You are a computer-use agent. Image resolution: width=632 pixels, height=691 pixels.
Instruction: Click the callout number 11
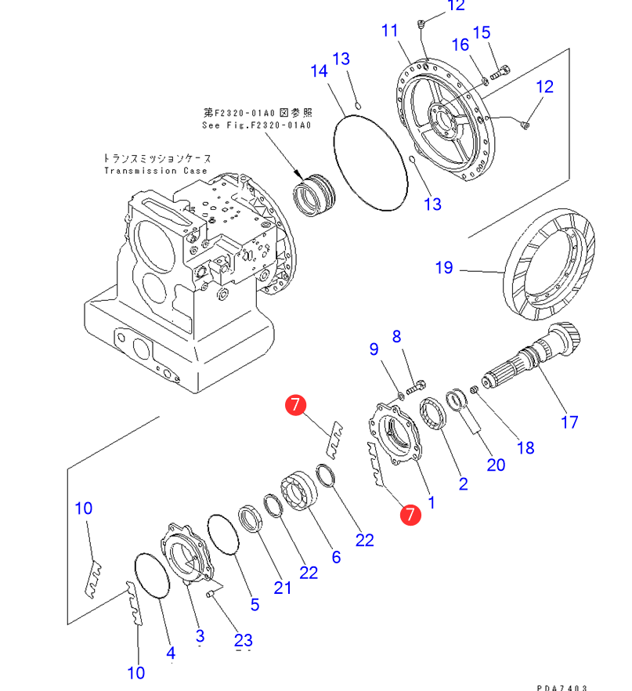390,31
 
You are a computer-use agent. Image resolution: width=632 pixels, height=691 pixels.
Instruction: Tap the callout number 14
318,71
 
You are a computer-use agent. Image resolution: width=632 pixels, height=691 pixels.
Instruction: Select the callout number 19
444,268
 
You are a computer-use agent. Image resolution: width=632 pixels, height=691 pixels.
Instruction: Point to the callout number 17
569,421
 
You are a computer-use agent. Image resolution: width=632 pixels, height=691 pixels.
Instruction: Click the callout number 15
482,33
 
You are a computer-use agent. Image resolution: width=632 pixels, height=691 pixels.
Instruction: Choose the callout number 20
496,465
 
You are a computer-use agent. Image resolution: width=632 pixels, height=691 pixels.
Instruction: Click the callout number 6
336,556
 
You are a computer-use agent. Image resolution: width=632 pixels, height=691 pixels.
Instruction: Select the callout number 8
396,337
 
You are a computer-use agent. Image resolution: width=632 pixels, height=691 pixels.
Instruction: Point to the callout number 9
374,349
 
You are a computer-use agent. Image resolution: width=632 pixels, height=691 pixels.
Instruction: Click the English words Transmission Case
156,171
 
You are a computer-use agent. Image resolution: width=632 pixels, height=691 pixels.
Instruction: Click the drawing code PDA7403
562,686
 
